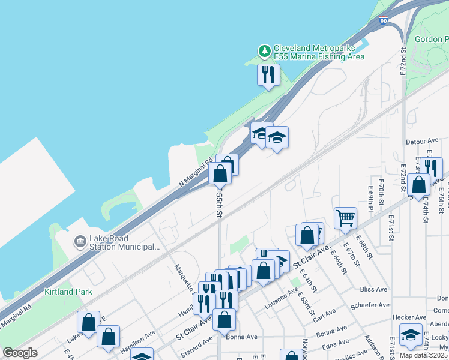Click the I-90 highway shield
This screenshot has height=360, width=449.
coord(384,21)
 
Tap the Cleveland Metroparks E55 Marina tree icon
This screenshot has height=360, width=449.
coord(264,52)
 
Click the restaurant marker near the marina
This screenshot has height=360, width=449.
coord(268,75)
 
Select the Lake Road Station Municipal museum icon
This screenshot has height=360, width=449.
coord(79,241)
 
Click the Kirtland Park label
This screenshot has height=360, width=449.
coord(68,292)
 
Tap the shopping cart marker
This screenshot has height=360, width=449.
coord(346,218)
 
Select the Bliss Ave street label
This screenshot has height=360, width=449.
coord(373,289)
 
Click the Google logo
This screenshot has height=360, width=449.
coord(20,353)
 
